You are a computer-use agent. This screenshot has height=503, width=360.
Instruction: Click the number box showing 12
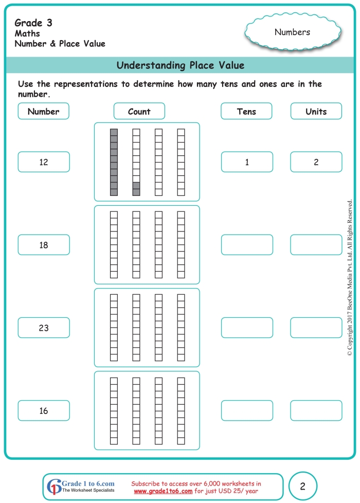point(44,162)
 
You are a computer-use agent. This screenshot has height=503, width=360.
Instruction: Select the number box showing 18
point(44,245)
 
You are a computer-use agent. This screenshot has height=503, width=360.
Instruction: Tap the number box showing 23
point(44,328)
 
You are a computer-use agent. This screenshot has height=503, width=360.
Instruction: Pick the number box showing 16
point(44,410)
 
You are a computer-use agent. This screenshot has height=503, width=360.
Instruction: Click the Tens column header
point(247,111)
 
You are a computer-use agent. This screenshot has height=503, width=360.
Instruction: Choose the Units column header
point(316,111)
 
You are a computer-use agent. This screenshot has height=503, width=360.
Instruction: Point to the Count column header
point(139,111)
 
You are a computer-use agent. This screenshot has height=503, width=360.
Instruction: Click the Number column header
point(44,111)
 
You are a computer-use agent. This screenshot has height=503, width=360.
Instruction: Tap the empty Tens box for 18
point(247,245)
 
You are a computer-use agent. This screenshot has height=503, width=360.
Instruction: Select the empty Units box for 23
point(316,328)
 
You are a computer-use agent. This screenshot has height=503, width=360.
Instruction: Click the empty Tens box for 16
point(247,410)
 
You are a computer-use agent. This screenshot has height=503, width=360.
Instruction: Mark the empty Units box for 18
point(316,245)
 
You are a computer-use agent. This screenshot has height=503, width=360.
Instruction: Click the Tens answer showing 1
point(247,162)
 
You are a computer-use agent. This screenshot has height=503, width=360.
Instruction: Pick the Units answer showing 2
point(316,162)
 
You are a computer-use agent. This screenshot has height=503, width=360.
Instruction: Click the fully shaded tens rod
point(114,162)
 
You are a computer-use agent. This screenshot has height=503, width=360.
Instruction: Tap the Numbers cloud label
point(292,32)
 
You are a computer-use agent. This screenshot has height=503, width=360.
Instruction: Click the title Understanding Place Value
point(180,65)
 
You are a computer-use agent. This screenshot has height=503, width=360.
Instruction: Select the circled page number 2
point(303,486)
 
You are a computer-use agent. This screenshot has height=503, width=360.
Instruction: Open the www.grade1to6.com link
point(163,491)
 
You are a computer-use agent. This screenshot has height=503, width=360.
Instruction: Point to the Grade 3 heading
point(33,23)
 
